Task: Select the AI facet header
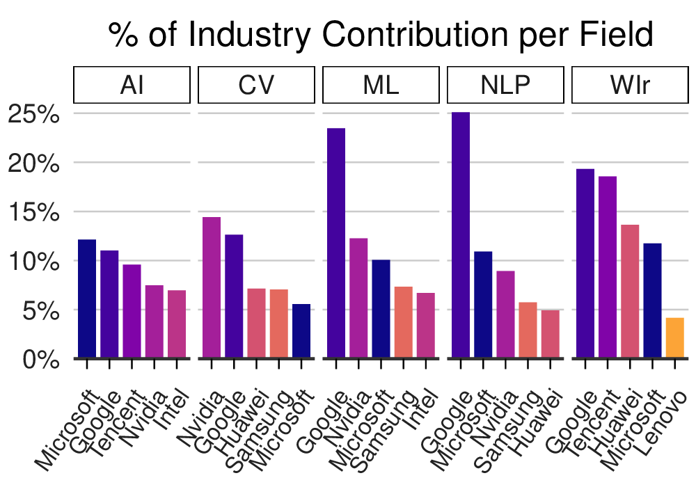pyautogui.click(x=132, y=85)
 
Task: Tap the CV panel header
pyautogui.click(x=256, y=85)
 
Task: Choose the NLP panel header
pyautogui.click(x=505, y=85)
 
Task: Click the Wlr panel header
pyautogui.click(x=630, y=85)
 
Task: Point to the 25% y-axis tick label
pyautogui.click(x=34, y=114)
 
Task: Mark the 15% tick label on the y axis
pyautogui.click(x=34, y=212)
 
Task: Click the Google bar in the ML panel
pyautogui.click(x=336, y=243)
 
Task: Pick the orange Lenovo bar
pyautogui.click(x=675, y=337)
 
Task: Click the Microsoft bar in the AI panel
pyautogui.click(x=87, y=298)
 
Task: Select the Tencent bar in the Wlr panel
pyautogui.click(x=608, y=267)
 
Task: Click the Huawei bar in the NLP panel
pyautogui.click(x=551, y=334)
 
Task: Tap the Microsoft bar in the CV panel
pyautogui.click(x=301, y=331)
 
